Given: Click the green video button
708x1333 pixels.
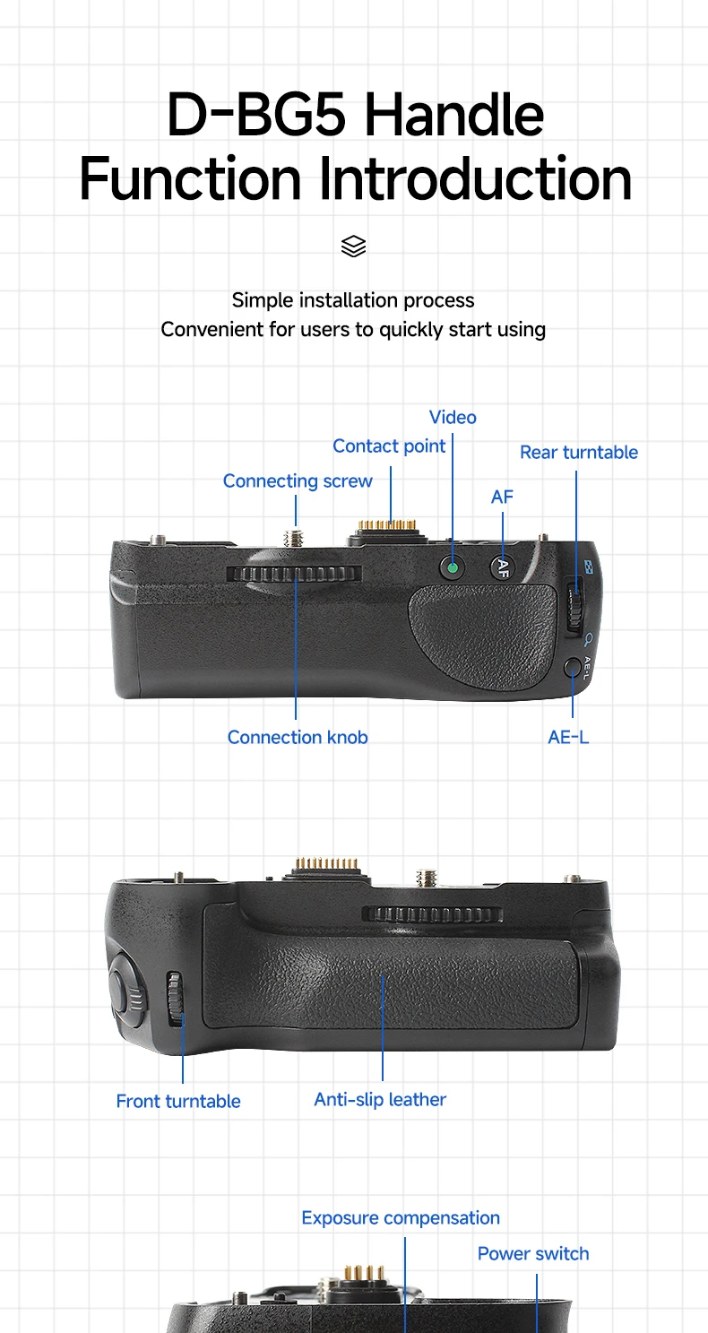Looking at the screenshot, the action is point(453,567).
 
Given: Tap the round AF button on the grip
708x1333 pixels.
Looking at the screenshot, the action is point(503,567).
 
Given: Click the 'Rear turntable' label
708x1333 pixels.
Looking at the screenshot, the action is point(579,452).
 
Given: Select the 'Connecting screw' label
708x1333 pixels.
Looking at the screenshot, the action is point(298,480).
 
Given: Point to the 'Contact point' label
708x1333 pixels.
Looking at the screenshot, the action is point(389,446).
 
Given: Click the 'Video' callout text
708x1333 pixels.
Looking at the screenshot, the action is point(453,417).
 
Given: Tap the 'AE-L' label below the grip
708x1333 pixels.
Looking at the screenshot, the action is point(568,737).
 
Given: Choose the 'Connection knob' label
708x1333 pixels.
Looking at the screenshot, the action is point(298,737).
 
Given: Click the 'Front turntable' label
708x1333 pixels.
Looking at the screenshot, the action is point(178,1101).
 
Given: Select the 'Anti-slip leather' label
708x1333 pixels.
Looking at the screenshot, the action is point(380,1099).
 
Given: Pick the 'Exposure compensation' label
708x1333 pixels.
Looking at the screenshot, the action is point(401,1217).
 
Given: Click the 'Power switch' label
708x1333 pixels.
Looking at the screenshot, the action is point(533,1253).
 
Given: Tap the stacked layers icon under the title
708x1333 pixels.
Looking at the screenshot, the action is point(354,246).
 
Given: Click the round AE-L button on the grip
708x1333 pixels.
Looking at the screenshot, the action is point(573,668).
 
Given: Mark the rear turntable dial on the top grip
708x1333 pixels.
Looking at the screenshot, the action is point(576,608).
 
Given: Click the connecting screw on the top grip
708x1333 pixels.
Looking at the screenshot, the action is point(294,538).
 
